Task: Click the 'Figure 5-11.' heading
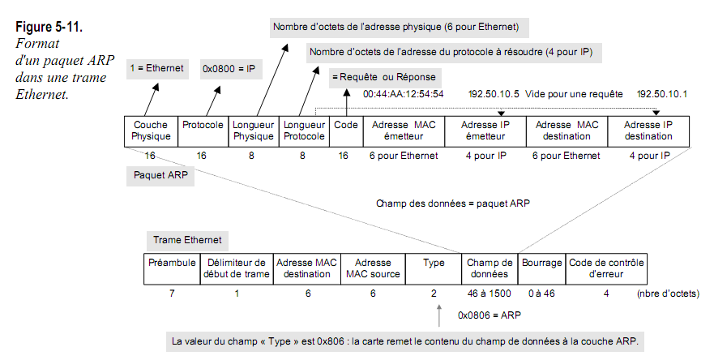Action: [49, 29]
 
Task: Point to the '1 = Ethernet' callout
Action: [157, 70]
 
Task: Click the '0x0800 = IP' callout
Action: [229, 70]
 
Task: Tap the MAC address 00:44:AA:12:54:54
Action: [403, 94]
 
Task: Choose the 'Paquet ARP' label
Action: [160, 174]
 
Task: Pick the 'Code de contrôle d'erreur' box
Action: [606, 268]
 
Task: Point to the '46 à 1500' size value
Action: [490, 293]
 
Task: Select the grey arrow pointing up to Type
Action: [438, 314]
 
